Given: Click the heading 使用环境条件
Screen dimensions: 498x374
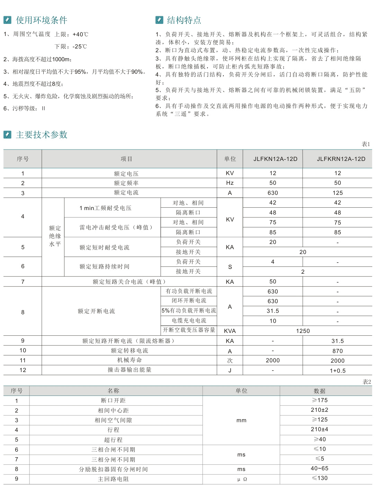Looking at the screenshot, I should (42, 20).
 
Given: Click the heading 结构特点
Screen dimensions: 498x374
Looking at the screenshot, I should (184, 20).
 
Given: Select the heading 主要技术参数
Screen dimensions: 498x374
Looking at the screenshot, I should (42, 135).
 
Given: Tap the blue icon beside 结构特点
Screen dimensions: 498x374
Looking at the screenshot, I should (159, 20).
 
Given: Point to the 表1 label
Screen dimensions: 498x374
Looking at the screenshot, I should (366, 144).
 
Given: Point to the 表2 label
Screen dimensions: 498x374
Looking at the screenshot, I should (367, 382).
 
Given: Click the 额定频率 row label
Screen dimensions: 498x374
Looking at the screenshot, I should (126, 183).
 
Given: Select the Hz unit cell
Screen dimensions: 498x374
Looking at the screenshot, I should (230, 183).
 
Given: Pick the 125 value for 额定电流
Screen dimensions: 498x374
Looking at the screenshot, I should (338, 193).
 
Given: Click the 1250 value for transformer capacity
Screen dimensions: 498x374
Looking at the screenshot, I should (303, 331).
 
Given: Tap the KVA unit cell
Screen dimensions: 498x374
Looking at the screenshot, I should (230, 331).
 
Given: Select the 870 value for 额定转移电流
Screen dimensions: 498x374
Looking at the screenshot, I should (338, 351).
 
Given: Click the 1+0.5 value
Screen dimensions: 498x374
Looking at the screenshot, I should (338, 371).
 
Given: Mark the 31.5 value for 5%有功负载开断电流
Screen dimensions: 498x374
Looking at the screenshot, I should (273, 311).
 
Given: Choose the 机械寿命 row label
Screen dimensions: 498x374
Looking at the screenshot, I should (130, 360).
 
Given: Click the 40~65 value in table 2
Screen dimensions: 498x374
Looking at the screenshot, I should (320, 469).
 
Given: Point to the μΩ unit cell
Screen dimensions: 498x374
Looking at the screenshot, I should (242, 479).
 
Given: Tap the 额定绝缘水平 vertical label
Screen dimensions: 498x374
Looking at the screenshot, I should (55, 236).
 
